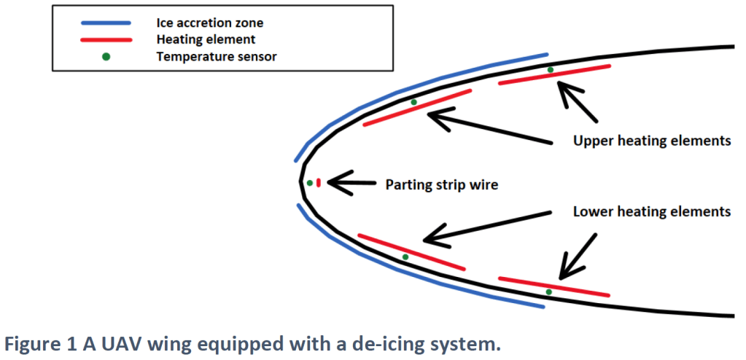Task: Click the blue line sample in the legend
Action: pos(105,23)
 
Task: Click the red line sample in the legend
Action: pos(105,39)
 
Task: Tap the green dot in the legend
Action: pos(106,56)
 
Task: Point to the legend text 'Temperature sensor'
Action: pos(216,56)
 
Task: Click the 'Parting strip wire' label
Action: pos(441,185)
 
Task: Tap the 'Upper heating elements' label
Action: pos(652,141)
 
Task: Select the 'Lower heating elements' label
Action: pos(652,212)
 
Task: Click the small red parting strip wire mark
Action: pos(319,182)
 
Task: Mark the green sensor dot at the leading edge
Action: pos(310,183)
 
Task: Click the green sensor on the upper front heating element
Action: pos(413,102)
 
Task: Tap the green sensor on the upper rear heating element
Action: pos(551,70)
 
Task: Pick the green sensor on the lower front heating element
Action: pos(405,257)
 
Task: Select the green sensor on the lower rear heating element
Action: pos(548,291)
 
